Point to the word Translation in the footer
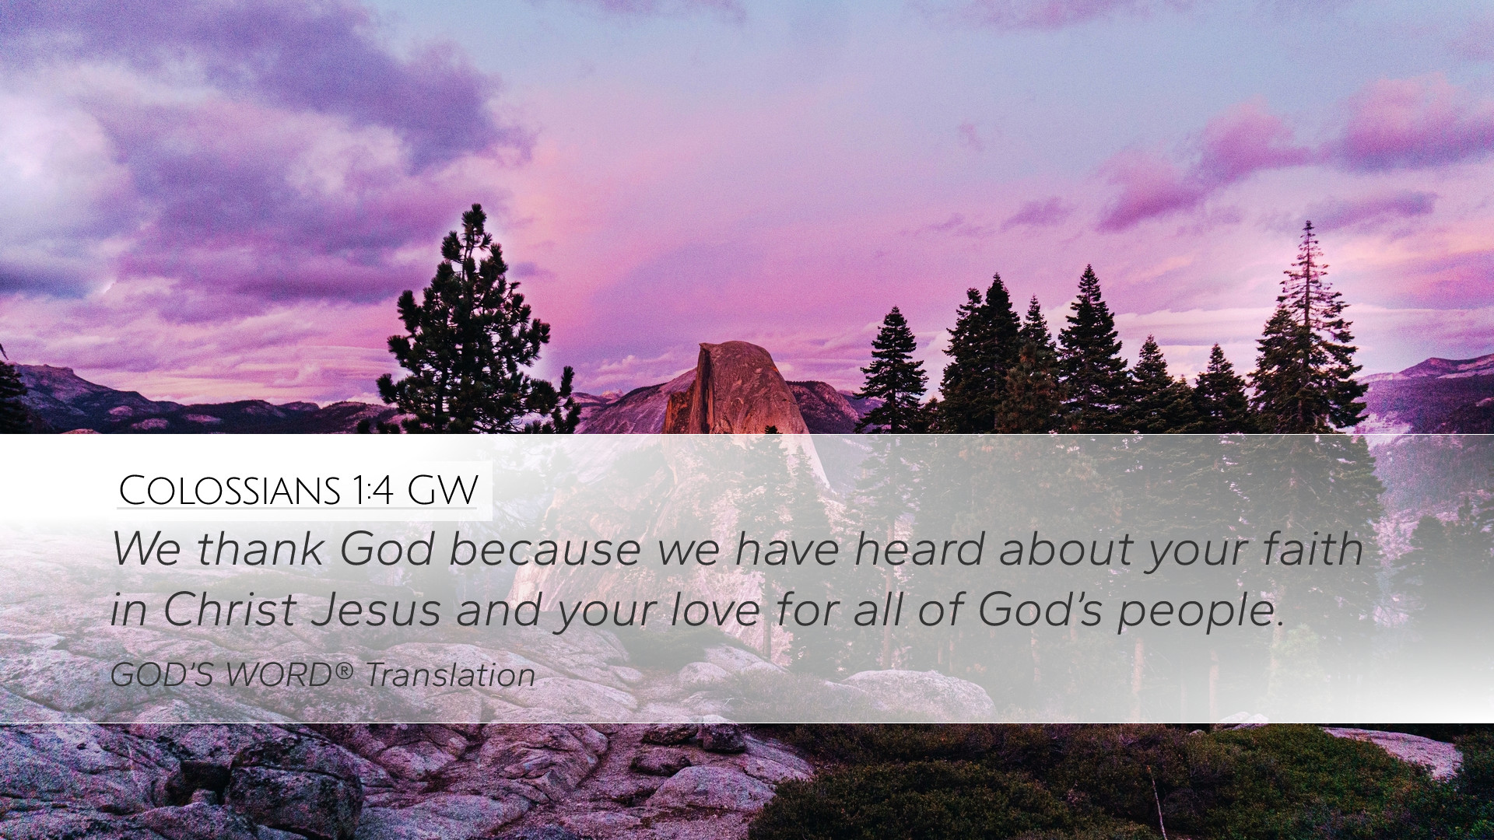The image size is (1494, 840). point(451,675)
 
